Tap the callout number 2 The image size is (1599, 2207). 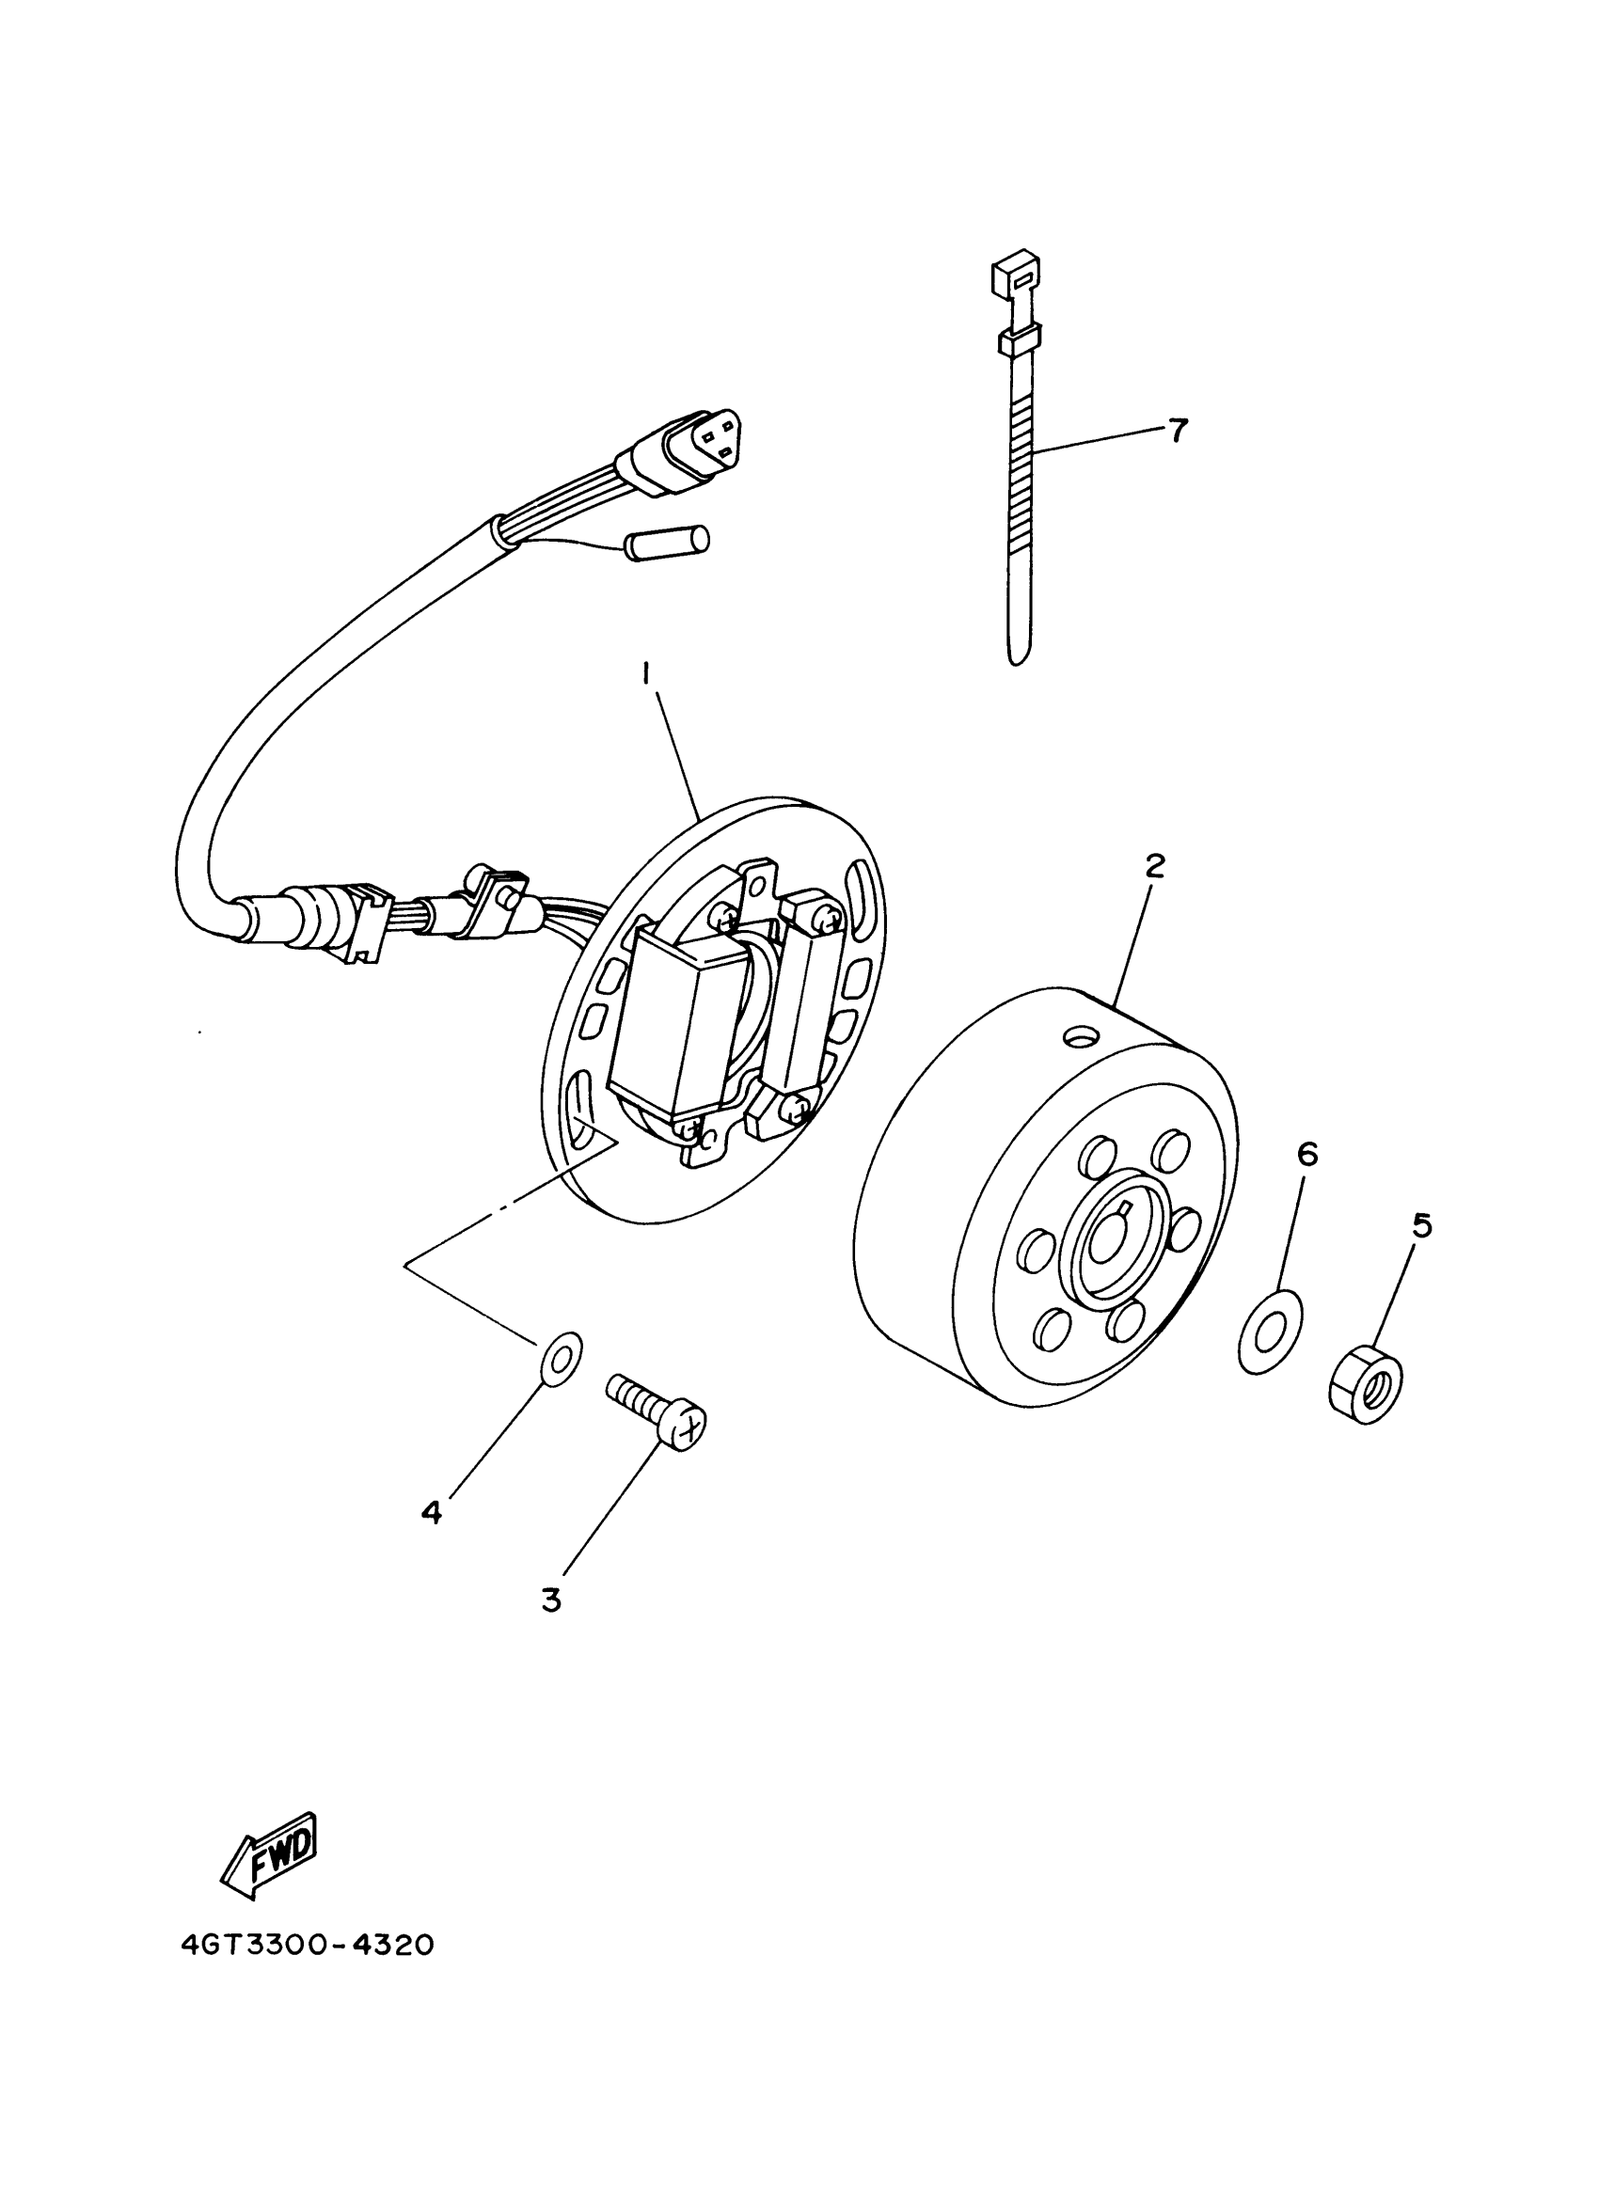(1154, 866)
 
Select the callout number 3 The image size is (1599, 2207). (552, 1600)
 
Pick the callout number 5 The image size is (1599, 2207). (1422, 1226)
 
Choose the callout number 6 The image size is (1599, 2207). (1307, 1154)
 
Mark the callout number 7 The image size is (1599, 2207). (1179, 429)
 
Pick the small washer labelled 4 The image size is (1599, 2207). (561, 1357)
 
